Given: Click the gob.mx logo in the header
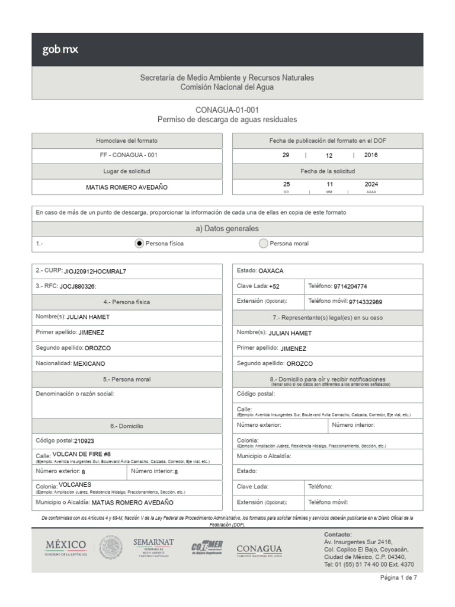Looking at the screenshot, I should coord(60,50).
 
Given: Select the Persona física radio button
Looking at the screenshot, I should coord(139,243).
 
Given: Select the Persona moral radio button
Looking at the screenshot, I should coord(263,243).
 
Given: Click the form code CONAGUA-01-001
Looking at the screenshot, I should coord(227,110).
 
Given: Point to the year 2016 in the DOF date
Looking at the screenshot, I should coord(371,155).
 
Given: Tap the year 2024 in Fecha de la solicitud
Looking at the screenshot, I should coord(371,184).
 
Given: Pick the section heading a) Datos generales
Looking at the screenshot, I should coord(227,229).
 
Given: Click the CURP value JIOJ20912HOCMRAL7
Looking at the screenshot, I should coord(95,271).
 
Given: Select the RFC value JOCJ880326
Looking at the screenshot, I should coord(78,286).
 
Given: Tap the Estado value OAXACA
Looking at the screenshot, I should coord(271,271).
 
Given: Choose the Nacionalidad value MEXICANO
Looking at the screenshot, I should coord(93,363).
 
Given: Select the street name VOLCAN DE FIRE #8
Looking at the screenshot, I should coord(82,454).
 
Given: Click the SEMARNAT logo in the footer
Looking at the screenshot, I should coord(153,547).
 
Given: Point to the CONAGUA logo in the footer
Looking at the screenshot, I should coord(259,550).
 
